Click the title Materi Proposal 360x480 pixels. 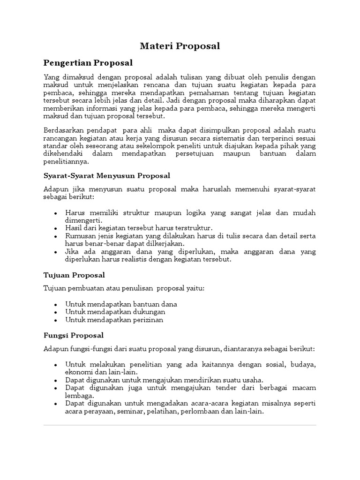click(x=180, y=46)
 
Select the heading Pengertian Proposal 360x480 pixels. click(x=88, y=62)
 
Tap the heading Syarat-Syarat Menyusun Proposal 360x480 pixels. click(x=107, y=175)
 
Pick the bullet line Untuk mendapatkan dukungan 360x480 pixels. click(x=115, y=312)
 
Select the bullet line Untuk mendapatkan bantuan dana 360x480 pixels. click(x=121, y=304)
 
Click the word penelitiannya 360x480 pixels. click(x=66, y=161)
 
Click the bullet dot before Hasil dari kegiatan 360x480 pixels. click(x=56, y=228)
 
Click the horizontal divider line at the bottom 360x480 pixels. click(x=180, y=425)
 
